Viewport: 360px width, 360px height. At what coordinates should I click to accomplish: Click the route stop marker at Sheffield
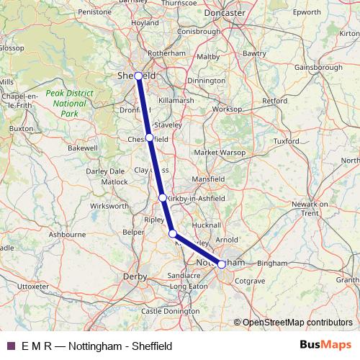click(138, 76)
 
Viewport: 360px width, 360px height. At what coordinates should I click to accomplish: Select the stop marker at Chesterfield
click(149, 138)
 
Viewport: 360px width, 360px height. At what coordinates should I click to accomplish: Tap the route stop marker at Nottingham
click(221, 264)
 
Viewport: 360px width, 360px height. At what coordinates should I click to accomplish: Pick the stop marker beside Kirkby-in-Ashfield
click(163, 197)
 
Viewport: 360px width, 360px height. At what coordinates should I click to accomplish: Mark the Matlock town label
click(114, 182)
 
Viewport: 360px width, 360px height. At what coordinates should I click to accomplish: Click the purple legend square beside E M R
click(11, 345)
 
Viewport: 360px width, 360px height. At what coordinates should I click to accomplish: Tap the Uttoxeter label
click(32, 287)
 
